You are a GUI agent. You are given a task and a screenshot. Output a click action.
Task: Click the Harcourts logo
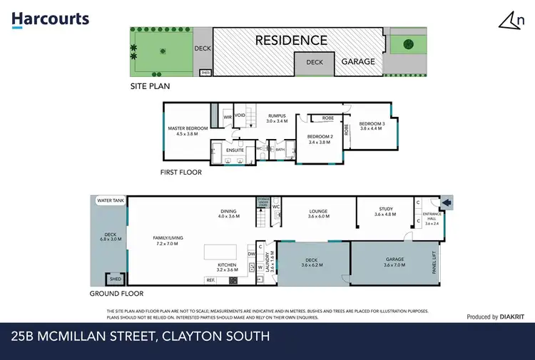coord(51,19)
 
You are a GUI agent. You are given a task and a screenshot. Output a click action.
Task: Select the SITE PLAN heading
coord(151,86)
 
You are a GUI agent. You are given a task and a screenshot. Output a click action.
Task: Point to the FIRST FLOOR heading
coord(181,172)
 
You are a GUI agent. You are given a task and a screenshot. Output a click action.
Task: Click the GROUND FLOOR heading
coord(116,293)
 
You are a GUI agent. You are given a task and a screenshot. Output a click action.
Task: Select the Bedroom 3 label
coord(372,125)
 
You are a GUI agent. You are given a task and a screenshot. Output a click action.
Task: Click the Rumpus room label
coord(276,118)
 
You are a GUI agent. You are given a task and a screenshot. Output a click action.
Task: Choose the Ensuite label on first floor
coord(235,150)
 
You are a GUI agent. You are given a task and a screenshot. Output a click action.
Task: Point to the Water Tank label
coord(111,201)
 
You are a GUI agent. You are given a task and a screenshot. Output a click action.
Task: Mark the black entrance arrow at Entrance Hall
coord(448,204)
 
